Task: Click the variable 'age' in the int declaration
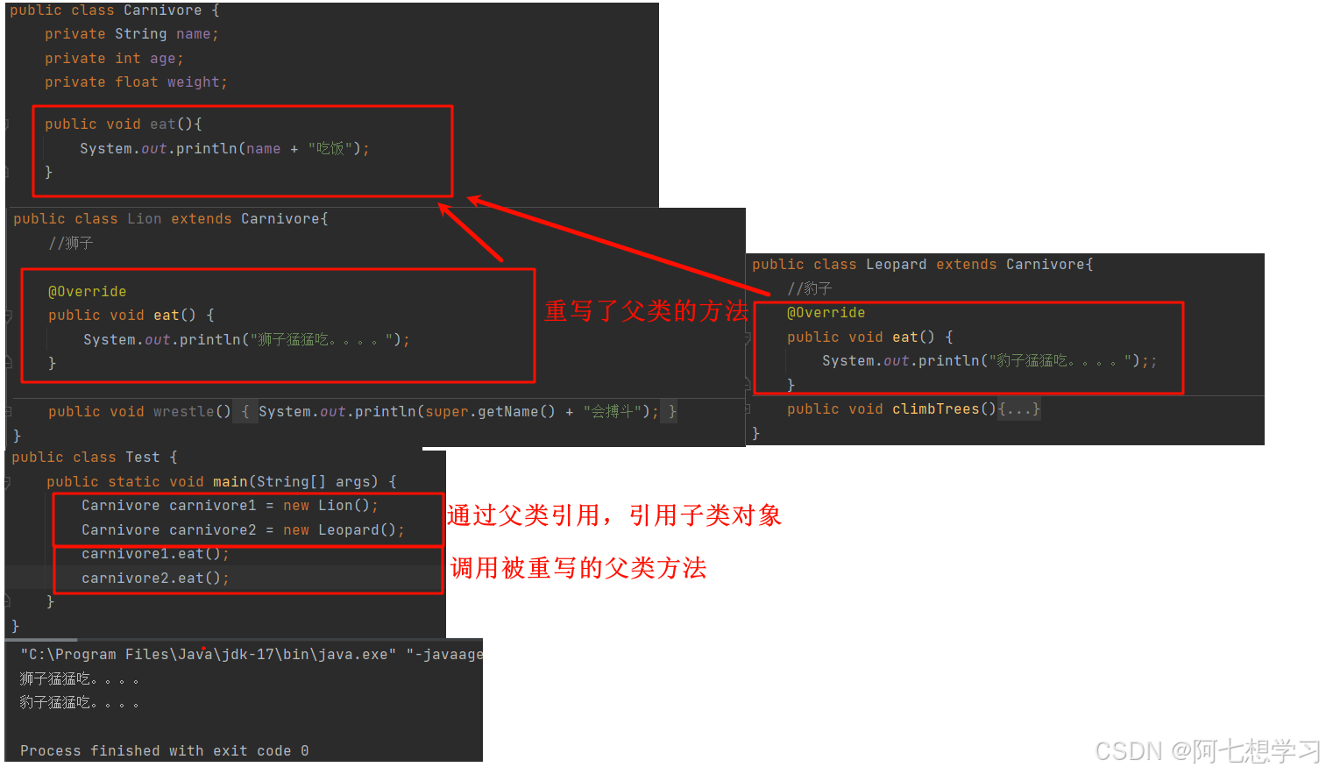tap(162, 59)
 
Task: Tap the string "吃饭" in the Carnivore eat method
tap(330, 149)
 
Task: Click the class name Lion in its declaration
tap(144, 219)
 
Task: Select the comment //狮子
tap(70, 243)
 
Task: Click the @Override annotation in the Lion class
tap(87, 292)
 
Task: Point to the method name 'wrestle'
tap(183, 412)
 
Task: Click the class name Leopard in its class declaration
tap(896, 265)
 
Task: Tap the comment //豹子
tap(809, 288)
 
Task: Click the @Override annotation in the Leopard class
tap(826, 313)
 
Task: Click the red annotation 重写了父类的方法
tap(646, 311)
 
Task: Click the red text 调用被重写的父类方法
tap(578, 568)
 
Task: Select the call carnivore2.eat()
tap(154, 579)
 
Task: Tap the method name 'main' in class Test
tap(230, 482)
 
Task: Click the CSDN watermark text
tap(1207, 751)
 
